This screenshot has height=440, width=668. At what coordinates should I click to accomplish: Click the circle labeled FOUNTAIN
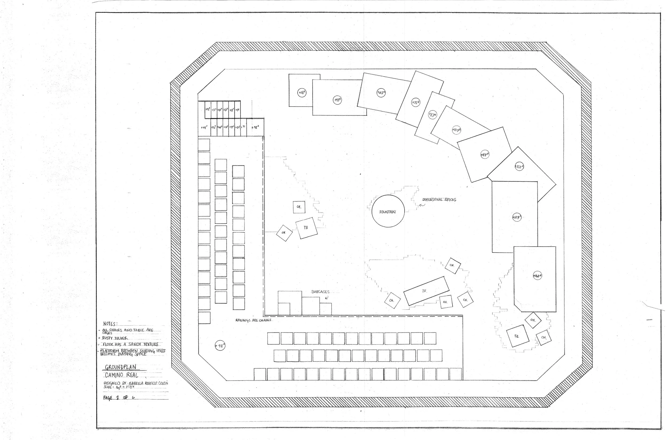tap(388, 211)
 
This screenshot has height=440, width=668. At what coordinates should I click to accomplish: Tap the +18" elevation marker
tap(302, 93)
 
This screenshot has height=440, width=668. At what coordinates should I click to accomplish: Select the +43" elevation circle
tap(337, 100)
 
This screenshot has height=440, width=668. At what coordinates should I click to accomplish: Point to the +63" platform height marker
tap(381, 93)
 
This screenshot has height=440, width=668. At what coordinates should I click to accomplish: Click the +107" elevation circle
tap(456, 130)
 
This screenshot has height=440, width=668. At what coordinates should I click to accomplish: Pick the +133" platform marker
tap(519, 167)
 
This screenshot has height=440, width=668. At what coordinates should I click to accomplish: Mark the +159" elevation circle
tap(516, 217)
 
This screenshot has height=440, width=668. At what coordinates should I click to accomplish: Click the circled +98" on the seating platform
tap(220, 346)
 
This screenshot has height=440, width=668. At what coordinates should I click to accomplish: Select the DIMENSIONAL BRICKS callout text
tap(439, 200)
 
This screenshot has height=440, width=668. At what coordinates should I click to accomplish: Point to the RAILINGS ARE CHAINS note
tap(253, 320)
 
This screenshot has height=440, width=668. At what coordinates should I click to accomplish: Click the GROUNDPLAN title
tap(121, 367)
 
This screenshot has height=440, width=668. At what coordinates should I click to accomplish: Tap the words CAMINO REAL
tap(122, 375)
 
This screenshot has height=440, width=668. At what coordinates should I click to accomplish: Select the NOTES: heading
tap(110, 324)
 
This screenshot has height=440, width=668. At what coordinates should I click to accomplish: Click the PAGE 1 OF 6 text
tap(119, 398)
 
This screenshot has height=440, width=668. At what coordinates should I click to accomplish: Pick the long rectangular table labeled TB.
tap(426, 291)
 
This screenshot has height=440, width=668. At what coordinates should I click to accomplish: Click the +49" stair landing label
tap(204, 127)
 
